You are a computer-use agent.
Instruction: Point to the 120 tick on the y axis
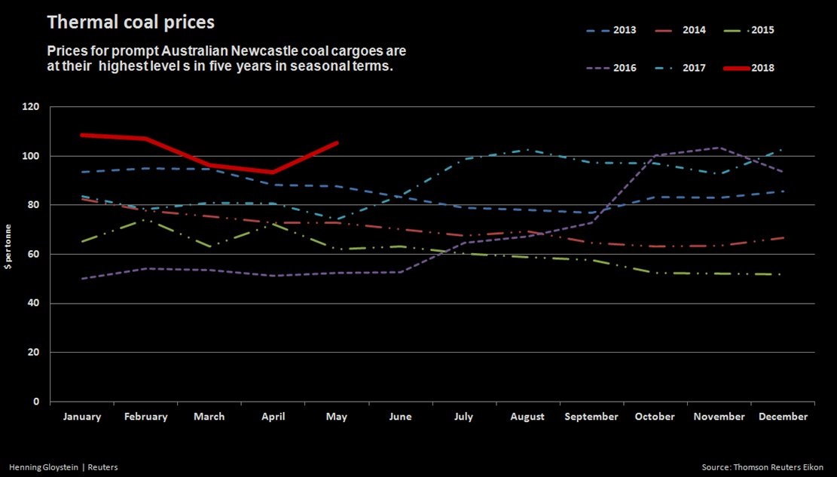point(32,107)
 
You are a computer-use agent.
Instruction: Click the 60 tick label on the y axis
point(34,254)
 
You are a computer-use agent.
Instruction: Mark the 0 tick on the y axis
point(37,402)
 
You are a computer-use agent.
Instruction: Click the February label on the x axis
point(145,417)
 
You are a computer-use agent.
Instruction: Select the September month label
point(591,417)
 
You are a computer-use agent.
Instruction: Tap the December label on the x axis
point(783,417)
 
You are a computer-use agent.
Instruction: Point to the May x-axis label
point(337,417)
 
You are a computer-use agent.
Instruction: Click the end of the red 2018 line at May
point(337,142)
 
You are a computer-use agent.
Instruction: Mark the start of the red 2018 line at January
point(81,135)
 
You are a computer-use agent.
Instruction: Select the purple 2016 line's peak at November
point(719,148)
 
